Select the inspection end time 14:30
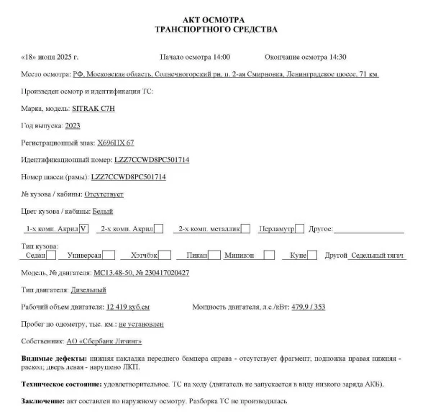(337, 56)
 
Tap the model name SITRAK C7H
(94, 108)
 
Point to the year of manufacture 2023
(73, 125)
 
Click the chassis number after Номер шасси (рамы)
(129, 177)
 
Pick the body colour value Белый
(103, 212)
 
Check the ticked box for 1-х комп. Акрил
(83, 229)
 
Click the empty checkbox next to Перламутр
(300, 229)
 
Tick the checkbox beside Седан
(50, 256)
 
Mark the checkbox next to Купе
(312, 256)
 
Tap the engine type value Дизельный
(88, 290)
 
